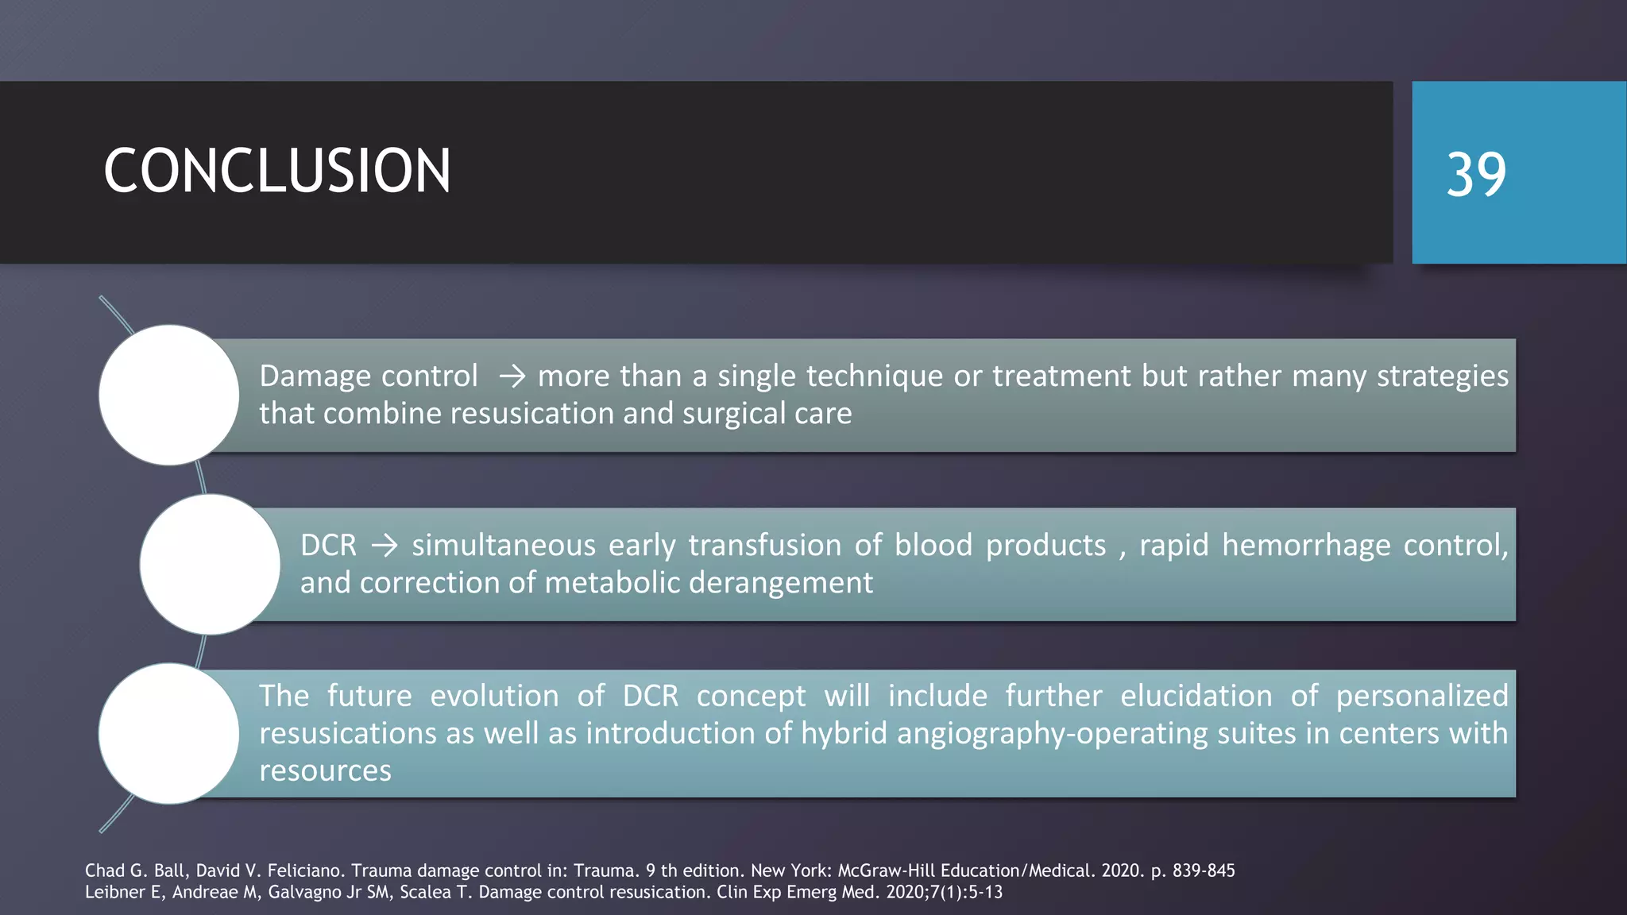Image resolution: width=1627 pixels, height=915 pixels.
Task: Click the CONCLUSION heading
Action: [x=276, y=171]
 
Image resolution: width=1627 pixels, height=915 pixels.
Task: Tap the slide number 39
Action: [x=1475, y=175]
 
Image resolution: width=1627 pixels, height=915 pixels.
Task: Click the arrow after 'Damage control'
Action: [x=512, y=376]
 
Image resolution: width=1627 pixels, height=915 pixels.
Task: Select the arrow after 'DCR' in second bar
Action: [x=385, y=546]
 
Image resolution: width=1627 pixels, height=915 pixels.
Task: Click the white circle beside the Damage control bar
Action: [x=168, y=395]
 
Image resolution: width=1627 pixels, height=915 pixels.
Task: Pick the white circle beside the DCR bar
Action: [x=210, y=564]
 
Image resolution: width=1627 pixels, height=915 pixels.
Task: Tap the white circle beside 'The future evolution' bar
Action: [x=168, y=733]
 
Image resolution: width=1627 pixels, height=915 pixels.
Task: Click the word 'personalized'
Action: [x=1421, y=696]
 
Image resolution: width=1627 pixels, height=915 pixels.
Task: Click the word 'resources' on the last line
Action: [x=325, y=770]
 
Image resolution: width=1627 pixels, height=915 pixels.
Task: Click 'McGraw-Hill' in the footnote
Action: [x=887, y=871]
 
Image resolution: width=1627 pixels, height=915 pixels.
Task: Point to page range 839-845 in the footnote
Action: [x=1204, y=871]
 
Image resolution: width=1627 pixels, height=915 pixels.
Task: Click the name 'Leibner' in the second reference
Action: [x=112, y=892]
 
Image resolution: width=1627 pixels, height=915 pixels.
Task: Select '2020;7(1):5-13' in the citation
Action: [x=944, y=892]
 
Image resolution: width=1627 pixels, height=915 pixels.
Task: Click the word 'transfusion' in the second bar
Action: [x=764, y=546]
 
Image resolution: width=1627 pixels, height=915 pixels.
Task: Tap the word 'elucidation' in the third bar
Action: [x=1196, y=696]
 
